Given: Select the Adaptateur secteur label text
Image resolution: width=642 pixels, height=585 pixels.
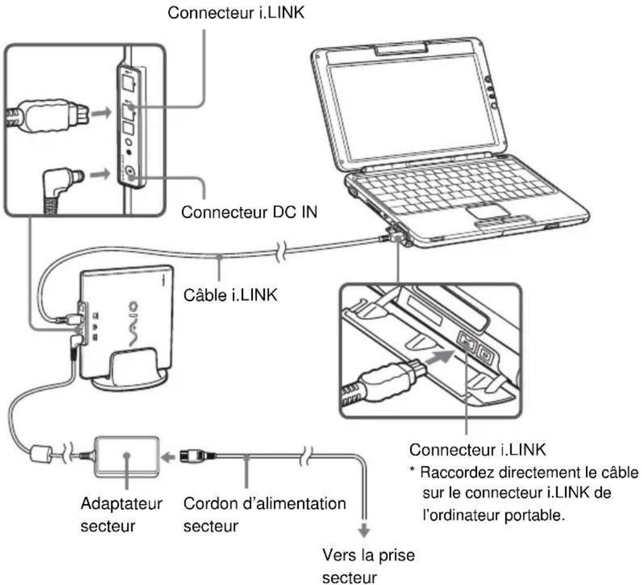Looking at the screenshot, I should [122, 495].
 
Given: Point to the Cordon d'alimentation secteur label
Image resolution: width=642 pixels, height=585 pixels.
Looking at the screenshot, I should [264, 495].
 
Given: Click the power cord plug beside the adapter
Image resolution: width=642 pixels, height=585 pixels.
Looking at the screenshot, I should [202, 456].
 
